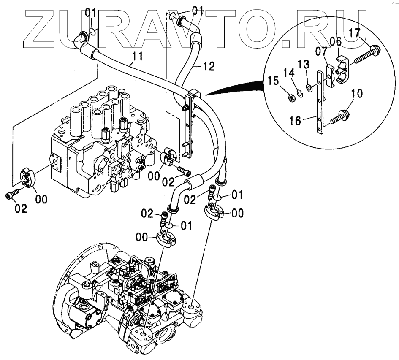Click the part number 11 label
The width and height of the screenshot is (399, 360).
pos(137,55)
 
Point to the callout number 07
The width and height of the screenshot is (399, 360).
pos(322,53)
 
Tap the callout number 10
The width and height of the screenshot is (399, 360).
pos(356,93)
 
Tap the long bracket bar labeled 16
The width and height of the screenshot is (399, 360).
pos(321,106)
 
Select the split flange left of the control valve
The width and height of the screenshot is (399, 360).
pos(29,178)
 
